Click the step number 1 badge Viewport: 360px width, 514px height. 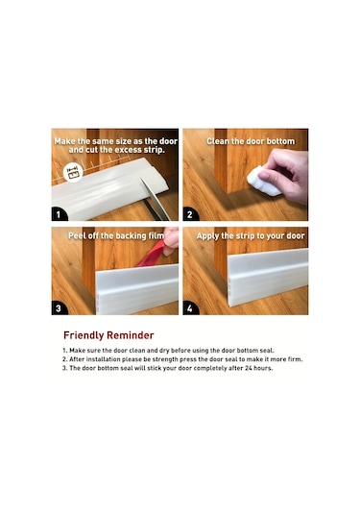coord(59,214)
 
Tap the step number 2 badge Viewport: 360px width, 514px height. coord(190,214)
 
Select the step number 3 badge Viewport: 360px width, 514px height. coord(59,308)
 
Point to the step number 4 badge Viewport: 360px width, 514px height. coord(190,308)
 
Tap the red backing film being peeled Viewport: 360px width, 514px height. coord(154,254)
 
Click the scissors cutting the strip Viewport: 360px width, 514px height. coord(155,199)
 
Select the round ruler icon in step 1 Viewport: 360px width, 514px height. coord(73,171)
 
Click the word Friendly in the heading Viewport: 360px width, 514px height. coord(84,335)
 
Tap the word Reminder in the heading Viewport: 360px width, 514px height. coord(131,335)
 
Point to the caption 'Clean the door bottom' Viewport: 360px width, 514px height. coord(251,141)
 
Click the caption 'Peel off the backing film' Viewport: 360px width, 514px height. coord(116,236)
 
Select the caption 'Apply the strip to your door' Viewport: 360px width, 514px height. coord(251,236)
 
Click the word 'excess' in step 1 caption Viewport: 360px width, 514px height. coord(128,150)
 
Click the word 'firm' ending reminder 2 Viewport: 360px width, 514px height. coord(295,359)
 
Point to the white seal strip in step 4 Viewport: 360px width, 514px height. coord(268,278)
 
